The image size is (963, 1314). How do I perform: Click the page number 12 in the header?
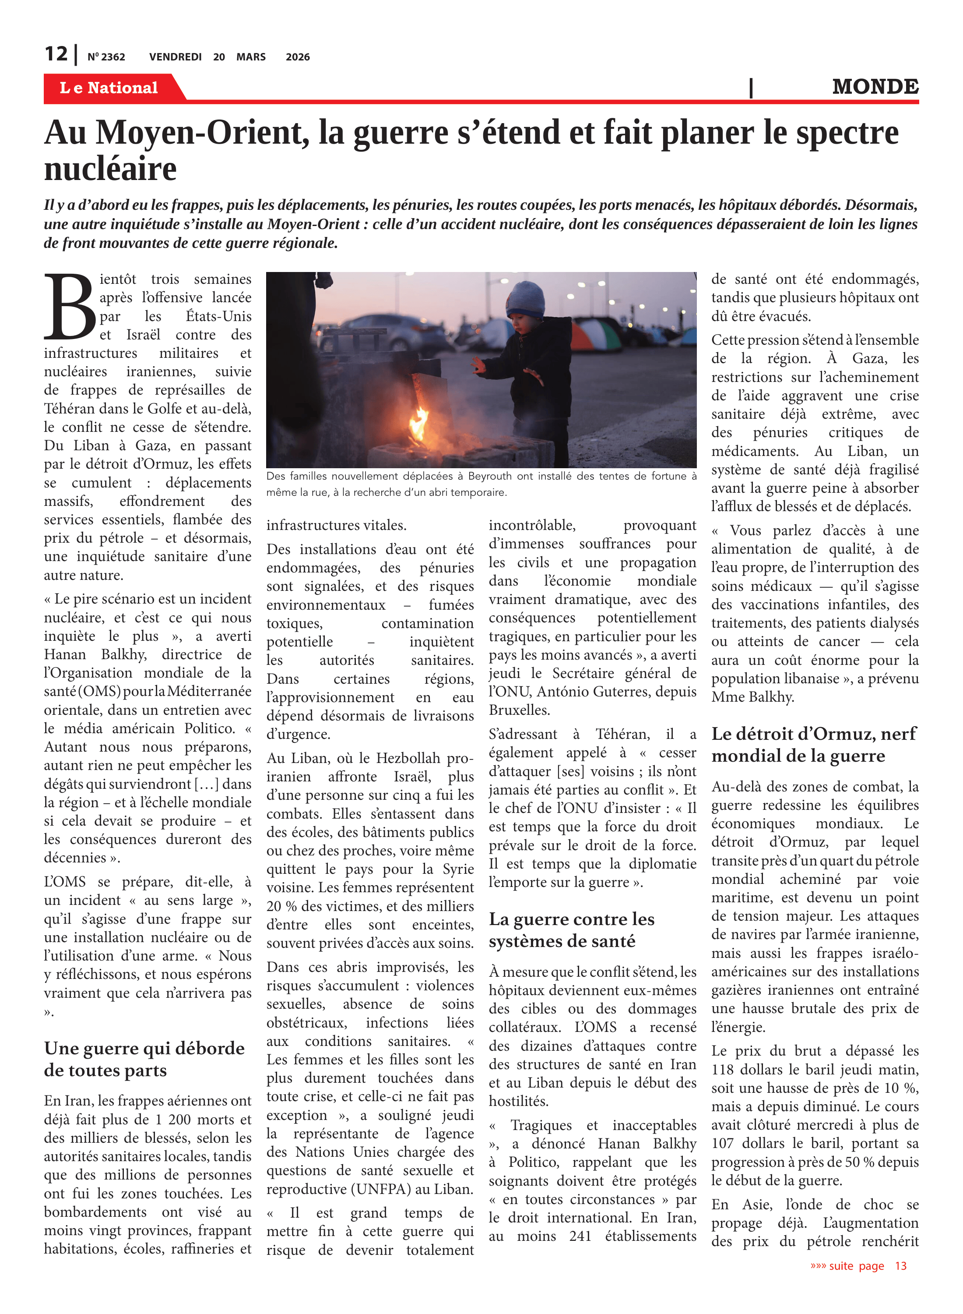coord(56,54)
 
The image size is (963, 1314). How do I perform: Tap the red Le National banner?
coord(109,88)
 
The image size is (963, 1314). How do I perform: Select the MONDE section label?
coord(875,87)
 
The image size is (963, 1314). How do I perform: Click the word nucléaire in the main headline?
coord(110,169)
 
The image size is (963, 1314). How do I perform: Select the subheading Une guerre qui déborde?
coord(144,1048)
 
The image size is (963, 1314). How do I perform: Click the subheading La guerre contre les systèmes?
coord(571,930)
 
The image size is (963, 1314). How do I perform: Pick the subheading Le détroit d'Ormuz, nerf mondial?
coord(814,744)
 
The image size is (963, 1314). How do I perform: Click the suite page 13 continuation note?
coord(858,1265)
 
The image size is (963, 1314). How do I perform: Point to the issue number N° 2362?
coord(106,57)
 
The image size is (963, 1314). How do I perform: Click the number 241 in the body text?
coord(580,1236)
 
